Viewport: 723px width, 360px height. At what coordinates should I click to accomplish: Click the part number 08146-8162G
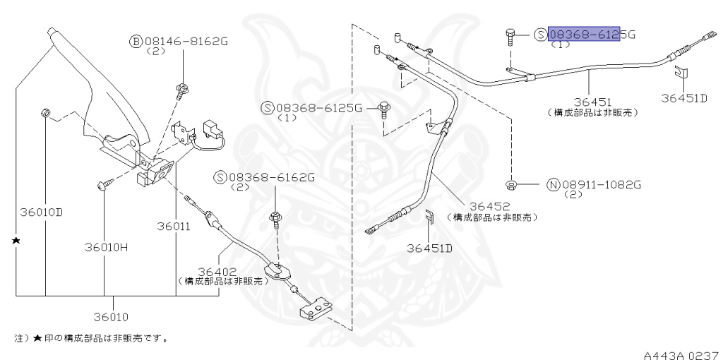click(186, 42)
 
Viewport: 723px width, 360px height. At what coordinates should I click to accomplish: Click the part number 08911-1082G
click(602, 185)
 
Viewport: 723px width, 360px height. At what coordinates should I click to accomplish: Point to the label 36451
click(592, 102)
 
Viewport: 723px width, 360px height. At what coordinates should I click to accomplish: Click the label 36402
click(217, 271)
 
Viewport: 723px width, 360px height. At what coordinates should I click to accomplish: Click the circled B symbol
click(135, 42)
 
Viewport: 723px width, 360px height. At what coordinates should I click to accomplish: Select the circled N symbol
click(553, 186)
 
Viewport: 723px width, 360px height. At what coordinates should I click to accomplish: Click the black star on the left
click(16, 241)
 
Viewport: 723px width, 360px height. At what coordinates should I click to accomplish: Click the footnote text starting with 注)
click(91, 338)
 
